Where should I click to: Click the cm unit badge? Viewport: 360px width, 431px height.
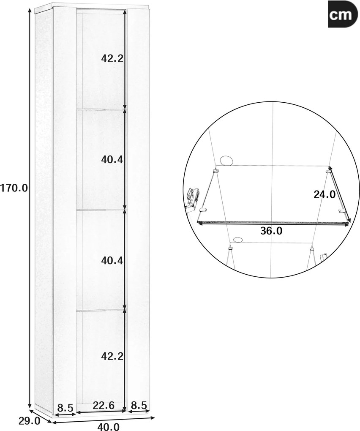(341, 14)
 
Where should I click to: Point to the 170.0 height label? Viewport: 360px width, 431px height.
(14, 188)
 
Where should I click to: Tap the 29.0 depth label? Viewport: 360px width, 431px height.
(30, 420)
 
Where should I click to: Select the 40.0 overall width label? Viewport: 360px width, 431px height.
(108, 427)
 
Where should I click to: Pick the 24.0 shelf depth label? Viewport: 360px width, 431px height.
(325, 195)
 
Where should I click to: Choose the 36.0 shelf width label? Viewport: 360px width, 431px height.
(271, 231)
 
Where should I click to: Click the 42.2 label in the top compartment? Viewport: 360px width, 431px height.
(112, 58)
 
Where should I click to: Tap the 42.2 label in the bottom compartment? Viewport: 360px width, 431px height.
(112, 357)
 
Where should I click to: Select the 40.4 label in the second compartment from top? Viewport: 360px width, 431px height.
(112, 159)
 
